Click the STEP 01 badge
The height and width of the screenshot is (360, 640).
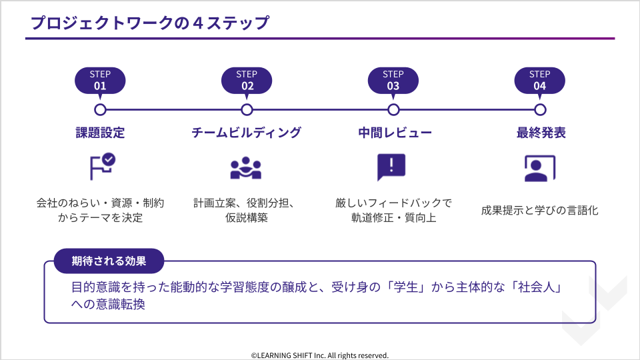[100, 80]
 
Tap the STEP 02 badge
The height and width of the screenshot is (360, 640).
[247, 80]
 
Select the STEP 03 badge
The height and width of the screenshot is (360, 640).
[393, 80]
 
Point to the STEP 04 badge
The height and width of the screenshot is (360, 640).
[540, 80]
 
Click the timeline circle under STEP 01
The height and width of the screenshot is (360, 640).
[100, 109]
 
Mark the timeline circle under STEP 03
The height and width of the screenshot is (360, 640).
[393, 109]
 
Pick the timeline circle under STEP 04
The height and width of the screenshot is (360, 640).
[540, 109]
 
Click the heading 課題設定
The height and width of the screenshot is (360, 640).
[100, 133]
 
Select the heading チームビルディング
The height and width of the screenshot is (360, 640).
[247, 133]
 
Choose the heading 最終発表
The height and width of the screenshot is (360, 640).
[541, 133]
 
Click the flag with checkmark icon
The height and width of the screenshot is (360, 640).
[102, 167]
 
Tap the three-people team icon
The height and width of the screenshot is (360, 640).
[246, 168]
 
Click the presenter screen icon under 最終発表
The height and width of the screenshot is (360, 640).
[539, 168]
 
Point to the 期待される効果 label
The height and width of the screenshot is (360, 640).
[109, 261]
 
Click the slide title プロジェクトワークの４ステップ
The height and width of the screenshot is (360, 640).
[150, 23]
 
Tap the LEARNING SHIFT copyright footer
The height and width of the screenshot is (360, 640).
[320, 355]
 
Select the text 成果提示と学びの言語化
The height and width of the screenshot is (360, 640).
[540, 211]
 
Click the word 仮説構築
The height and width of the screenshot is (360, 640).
[247, 218]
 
